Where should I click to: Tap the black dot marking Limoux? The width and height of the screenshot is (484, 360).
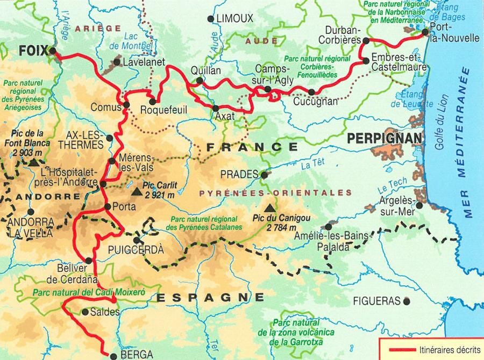(210, 19)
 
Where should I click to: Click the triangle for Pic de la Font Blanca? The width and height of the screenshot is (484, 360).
(34, 162)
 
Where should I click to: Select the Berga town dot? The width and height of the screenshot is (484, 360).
(113, 355)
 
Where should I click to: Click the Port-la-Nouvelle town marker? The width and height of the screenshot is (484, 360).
(425, 32)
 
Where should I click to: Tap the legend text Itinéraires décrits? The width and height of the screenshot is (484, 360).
(449, 349)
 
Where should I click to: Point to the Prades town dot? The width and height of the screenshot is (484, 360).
(264, 175)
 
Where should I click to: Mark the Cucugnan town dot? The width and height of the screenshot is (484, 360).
(311, 92)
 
